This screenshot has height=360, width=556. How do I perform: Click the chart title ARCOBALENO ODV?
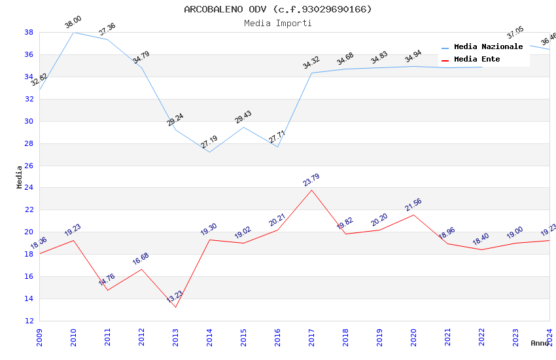click(x=278, y=9)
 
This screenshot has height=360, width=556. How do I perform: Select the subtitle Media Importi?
click(x=278, y=23)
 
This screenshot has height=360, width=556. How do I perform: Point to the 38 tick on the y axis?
click(x=29, y=32)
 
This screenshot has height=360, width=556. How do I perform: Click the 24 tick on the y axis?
click(x=29, y=188)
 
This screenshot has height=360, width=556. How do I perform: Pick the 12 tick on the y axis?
click(x=29, y=321)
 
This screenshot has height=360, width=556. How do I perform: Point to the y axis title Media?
click(x=20, y=177)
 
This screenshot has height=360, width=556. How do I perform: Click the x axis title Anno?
click(x=540, y=343)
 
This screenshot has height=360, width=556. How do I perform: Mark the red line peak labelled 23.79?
click(x=311, y=190)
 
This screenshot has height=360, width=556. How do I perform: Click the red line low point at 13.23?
click(x=175, y=307)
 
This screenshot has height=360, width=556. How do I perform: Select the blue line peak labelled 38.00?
click(x=73, y=32)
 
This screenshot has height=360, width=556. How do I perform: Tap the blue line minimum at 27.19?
click(x=209, y=152)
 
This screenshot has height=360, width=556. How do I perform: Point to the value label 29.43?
click(x=243, y=117)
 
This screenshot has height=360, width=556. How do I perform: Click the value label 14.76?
click(x=107, y=279)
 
